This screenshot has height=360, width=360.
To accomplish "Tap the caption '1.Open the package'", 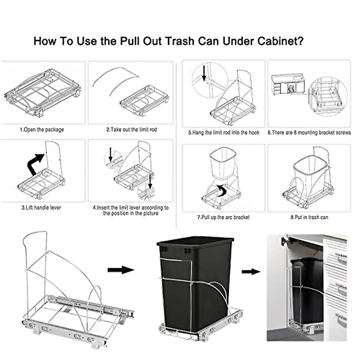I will pyautogui.click(x=42, y=130).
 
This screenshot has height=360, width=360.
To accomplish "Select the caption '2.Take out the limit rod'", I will pyautogui.click(x=131, y=130).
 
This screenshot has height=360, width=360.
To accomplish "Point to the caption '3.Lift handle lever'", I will pyautogui.click(x=41, y=207).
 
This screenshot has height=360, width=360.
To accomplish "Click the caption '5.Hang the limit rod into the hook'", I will pyautogui.click(x=223, y=132).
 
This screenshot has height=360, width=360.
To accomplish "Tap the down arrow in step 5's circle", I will pyautogui.click(x=204, y=74).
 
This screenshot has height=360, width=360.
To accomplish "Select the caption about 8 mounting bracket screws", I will pyautogui.click(x=309, y=132).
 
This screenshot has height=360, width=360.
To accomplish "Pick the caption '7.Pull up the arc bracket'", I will pyautogui.click(x=223, y=217).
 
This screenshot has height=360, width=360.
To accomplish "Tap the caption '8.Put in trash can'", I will pyautogui.click(x=309, y=217).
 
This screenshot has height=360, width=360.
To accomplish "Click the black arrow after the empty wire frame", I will pyautogui.click(x=121, y=270).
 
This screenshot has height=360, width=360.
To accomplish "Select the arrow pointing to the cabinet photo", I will pyautogui.click(x=251, y=272).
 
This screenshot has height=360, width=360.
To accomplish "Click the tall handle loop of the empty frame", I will pyautogui.click(x=34, y=240).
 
